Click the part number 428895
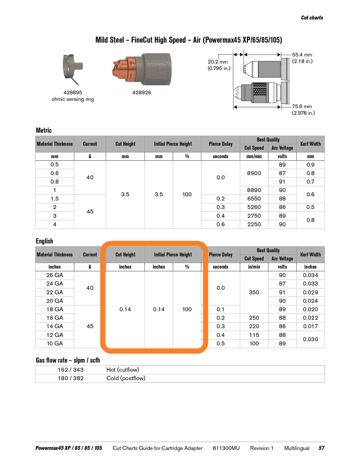point(73,93)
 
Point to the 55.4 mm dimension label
point(302,55)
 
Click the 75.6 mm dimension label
point(302,106)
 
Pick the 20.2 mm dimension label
point(218,62)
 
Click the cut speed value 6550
point(254,199)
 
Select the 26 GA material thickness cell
point(55,275)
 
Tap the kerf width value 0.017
point(310,326)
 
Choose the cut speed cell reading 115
point(254,335)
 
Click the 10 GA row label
point(55,344)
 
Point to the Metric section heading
point(44,130)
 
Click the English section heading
point(44,241)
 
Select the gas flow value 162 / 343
point(71,370)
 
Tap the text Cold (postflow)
point(126,378)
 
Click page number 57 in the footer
point(321,448)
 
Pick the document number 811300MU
point(226,448)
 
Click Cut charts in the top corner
point(312,18)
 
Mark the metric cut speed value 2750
point(254,216)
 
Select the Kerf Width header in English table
point(310,254)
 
